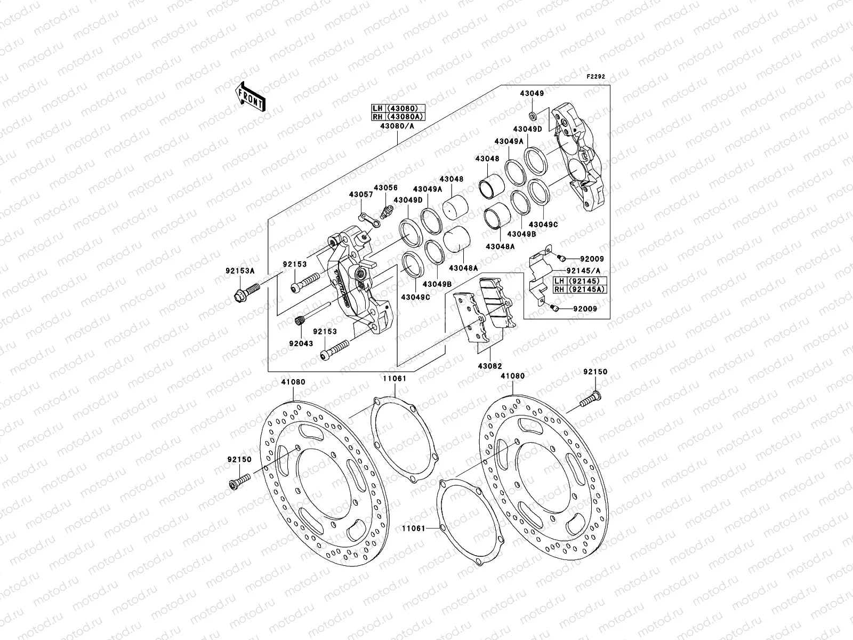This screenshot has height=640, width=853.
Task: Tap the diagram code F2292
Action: tap(596, 77)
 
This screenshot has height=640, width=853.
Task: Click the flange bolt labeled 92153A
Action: tap(246, 291)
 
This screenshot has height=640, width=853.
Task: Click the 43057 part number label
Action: tap(361, 195)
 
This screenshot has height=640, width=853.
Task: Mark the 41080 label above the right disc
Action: tap(512, 376)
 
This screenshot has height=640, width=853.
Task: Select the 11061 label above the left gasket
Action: tap(394, 378)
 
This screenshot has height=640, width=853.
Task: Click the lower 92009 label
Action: tap(585, 309)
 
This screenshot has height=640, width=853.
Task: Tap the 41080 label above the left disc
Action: tap(293, 382)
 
